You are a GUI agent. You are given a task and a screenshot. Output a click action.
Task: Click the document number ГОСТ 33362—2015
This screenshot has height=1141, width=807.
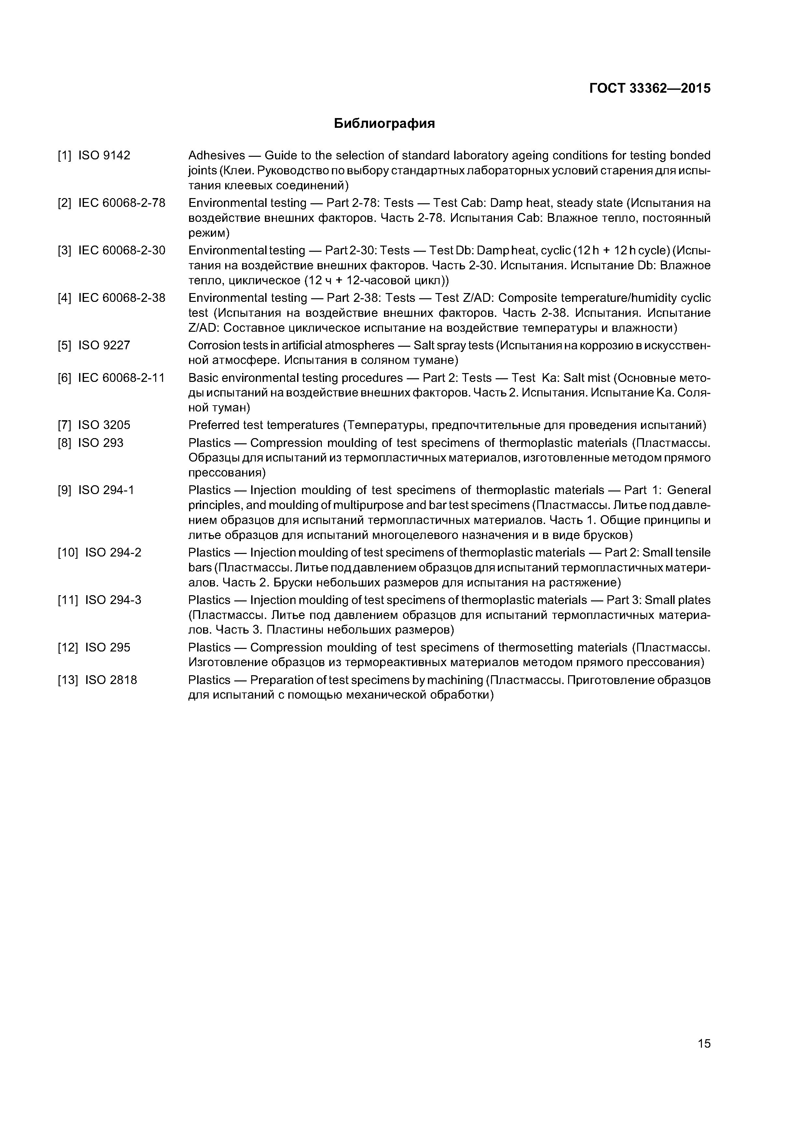650,88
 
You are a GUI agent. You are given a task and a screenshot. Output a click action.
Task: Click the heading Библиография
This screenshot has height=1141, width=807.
384,123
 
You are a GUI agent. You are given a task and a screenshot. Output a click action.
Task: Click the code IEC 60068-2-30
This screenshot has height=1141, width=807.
121,250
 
